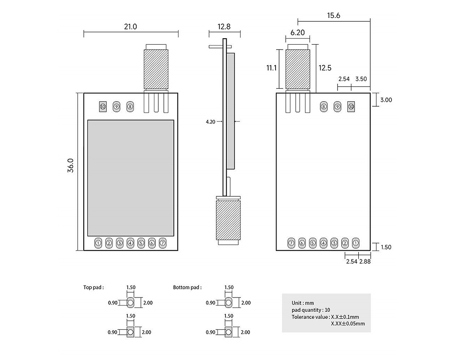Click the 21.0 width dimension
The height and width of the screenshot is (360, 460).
(x=130, y=27)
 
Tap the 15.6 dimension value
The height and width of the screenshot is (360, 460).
(x=333, y=15)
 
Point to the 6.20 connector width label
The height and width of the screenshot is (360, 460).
(x=298, y=33)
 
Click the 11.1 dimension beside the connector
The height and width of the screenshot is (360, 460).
(x=271, y=68)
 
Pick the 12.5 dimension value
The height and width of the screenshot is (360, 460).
(x=325, y=68)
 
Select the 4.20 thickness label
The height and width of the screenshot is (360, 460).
(x=211, y=122)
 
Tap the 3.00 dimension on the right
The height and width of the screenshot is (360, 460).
(x=386, y=99)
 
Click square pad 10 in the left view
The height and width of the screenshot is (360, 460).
(x=103, y=107)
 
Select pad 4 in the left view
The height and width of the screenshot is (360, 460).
(x=130, y=243)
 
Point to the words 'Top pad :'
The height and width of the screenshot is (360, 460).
(x=93, y=287)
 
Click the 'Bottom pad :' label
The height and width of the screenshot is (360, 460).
(x=187, y=287)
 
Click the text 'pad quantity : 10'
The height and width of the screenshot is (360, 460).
(x=310, y=310)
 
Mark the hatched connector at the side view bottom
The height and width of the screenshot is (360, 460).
(x=228, y=219)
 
